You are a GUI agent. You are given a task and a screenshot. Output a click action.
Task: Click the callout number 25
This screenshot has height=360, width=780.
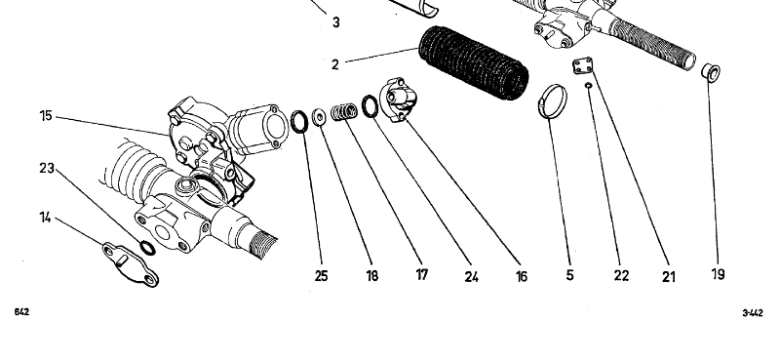pyautogui.click(x=322, y=276)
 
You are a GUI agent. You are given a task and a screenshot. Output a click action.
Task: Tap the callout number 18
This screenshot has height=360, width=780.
pyautogui.click(x=372, y=276)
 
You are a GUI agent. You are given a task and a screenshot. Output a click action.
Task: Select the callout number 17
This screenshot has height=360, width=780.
pyautogui.click(x=422, y=274)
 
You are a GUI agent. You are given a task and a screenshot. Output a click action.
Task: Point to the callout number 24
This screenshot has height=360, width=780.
pyautogui.click(x=472, y=277)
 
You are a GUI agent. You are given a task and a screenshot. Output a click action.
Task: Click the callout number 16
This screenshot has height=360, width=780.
pyautogui.click(x=522, y=276)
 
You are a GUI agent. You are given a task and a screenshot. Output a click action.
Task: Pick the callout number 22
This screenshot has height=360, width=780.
pyautogui.click(x=621, y=275)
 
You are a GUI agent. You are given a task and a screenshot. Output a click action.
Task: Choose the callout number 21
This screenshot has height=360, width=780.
pyautogui.click(x=669, y=277)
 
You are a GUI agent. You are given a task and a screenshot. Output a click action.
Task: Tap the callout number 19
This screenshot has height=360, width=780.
pyautogui.click(x=719, y=274)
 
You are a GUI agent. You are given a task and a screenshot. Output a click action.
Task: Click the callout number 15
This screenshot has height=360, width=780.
pyautogui.click(x=46, y=116)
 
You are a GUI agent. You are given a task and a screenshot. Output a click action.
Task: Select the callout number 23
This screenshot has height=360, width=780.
pyautogui.click(x=47, y=169)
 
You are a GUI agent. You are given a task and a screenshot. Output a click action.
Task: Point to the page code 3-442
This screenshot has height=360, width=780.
pyautogui.click(x=753, y=313)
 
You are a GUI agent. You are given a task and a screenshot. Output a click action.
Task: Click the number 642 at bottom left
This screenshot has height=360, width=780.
pyautogui.click(x=21, y=312)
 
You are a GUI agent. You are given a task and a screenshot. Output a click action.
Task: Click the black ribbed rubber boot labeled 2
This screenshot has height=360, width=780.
pyautogui.click(x=474, y=62)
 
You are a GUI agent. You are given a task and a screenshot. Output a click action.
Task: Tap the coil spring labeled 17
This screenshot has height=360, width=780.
pyautogui.click(x=344, y=111)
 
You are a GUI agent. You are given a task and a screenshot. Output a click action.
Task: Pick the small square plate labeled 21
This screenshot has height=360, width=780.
pyautogui.click(x=582, y=65)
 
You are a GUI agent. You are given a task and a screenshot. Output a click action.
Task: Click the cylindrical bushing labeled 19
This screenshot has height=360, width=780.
pyautogui.click(x=711, y=72)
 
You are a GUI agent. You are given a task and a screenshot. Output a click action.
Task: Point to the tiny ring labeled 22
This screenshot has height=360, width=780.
pyautogui.click(x=589, y=85)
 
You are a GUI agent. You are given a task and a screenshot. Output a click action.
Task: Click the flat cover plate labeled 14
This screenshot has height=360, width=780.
pyautogui.click(x=131, y=264)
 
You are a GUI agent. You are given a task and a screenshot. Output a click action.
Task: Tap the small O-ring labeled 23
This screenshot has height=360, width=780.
pyautogui.click(x=147, y=248)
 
